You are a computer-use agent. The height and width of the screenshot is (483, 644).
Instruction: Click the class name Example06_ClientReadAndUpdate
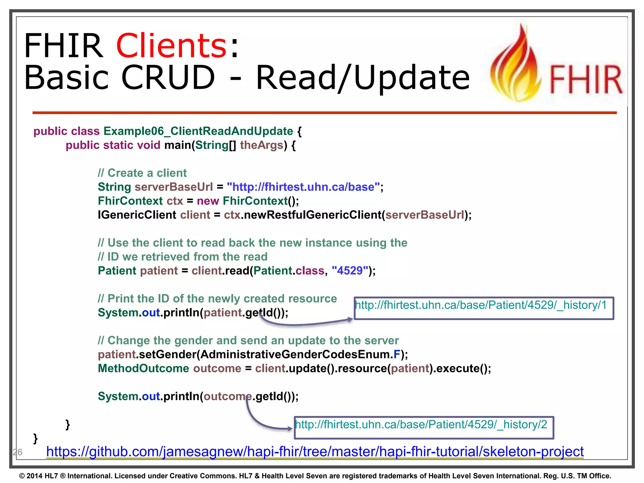pos(198,131)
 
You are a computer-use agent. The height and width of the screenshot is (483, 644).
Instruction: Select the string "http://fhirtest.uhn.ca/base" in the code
pos(303,187)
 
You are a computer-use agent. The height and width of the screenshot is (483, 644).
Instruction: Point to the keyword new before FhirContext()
pos(208,201)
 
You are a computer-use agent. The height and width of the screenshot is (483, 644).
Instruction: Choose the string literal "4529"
pos(350,271)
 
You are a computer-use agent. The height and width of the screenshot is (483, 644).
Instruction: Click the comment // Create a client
pos(142,173)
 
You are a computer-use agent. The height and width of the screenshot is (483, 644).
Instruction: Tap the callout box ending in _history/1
pos(484,308)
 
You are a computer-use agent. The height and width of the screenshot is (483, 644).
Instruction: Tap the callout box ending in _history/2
pos(424,428)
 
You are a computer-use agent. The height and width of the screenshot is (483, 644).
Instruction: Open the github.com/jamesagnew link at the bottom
pos(315,452)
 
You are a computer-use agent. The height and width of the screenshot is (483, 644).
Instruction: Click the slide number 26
pos(18,452)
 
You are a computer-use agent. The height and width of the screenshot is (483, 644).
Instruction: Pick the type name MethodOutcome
pos(143,369)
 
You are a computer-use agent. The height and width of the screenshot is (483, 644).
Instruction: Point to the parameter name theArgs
pos(262,145)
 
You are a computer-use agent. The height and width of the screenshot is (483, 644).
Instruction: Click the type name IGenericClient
pos(137,215)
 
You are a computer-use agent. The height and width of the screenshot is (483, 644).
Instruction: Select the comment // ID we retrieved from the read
pos(182,257)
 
